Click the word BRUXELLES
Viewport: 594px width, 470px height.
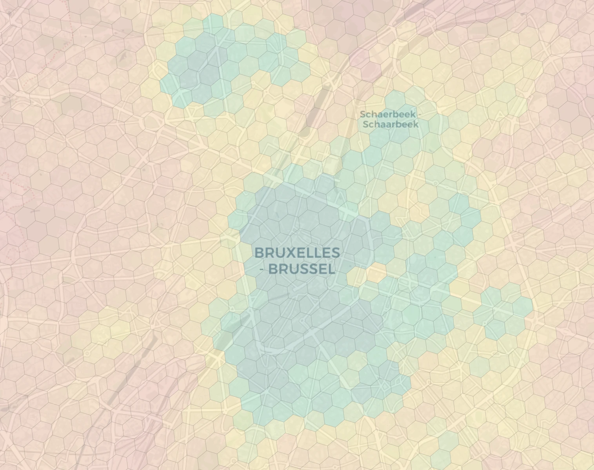click(x=297, y=253)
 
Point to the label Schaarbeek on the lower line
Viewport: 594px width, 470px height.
click(x=391, y=125)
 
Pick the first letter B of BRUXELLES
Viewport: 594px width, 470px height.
click(x=259, y=253)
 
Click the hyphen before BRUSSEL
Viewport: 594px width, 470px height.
click(x=262, y=269)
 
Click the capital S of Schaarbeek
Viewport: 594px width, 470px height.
click(x=365, y=125)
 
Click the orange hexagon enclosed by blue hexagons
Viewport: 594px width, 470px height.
click(x=376, y=273)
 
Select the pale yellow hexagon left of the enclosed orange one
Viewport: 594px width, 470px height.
click(x=356, y=277)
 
